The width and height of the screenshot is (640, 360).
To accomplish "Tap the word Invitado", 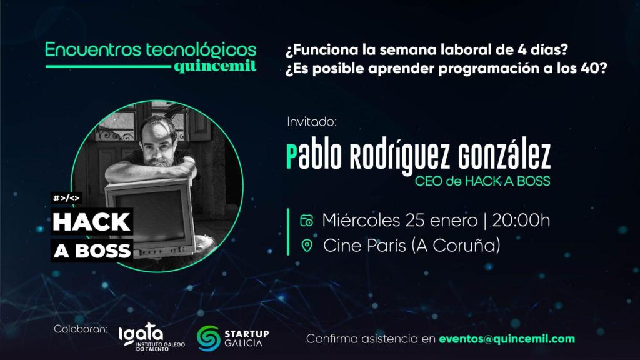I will point(311,121).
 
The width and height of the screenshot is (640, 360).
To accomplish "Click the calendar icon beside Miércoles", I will point(306,220).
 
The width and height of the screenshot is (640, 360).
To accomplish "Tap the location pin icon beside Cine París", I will point(306,246).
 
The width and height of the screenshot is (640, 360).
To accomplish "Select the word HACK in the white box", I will point(92,222).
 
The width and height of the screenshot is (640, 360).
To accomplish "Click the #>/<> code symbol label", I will point(67,199).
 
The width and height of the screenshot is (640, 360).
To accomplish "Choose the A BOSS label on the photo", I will point(92,250).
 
